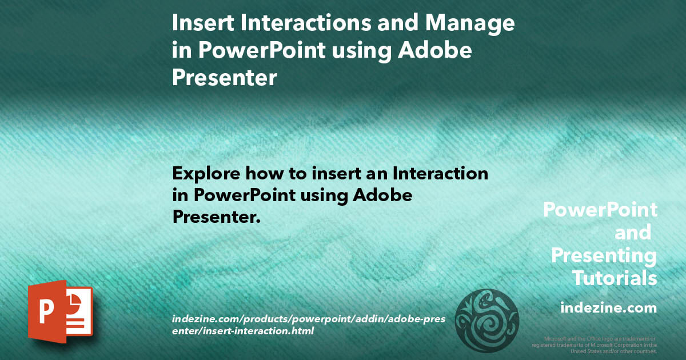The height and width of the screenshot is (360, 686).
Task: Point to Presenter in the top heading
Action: [x=224, y=78]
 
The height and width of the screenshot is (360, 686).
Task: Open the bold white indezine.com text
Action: [x=608, y=308]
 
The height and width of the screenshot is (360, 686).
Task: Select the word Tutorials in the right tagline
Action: [x=615, y=278]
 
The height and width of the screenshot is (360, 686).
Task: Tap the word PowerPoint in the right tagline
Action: [x=600, y=210]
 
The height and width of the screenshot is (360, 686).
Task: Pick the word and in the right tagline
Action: [x=632, y=233]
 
